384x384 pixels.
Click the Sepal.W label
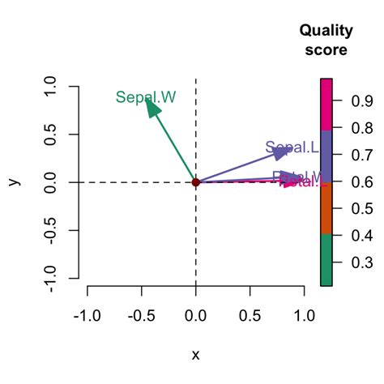[x=146, y=97]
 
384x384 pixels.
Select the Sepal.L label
[x=291, y=147]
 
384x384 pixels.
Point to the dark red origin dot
[x=195, y=182]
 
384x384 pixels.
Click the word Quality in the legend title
[x=326, y=32]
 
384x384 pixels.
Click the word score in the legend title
[x=326, y=49]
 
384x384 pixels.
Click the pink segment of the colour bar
[x=326, y=104]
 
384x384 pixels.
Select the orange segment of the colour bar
[x=326, y=207]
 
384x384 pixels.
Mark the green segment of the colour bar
[x=326, y=259]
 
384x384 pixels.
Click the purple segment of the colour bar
[x=326, y=156]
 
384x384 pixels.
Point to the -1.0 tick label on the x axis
[x=87, y=314]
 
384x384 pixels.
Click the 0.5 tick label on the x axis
[x=250, y=314]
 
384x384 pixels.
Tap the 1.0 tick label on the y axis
[x=50, y=86]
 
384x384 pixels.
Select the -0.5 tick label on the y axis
[x=50, y=231]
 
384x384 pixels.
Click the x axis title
[x=195, y=355]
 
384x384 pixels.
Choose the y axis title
[x=14, y=182]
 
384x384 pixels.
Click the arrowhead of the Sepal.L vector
[x=283, y=151]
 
